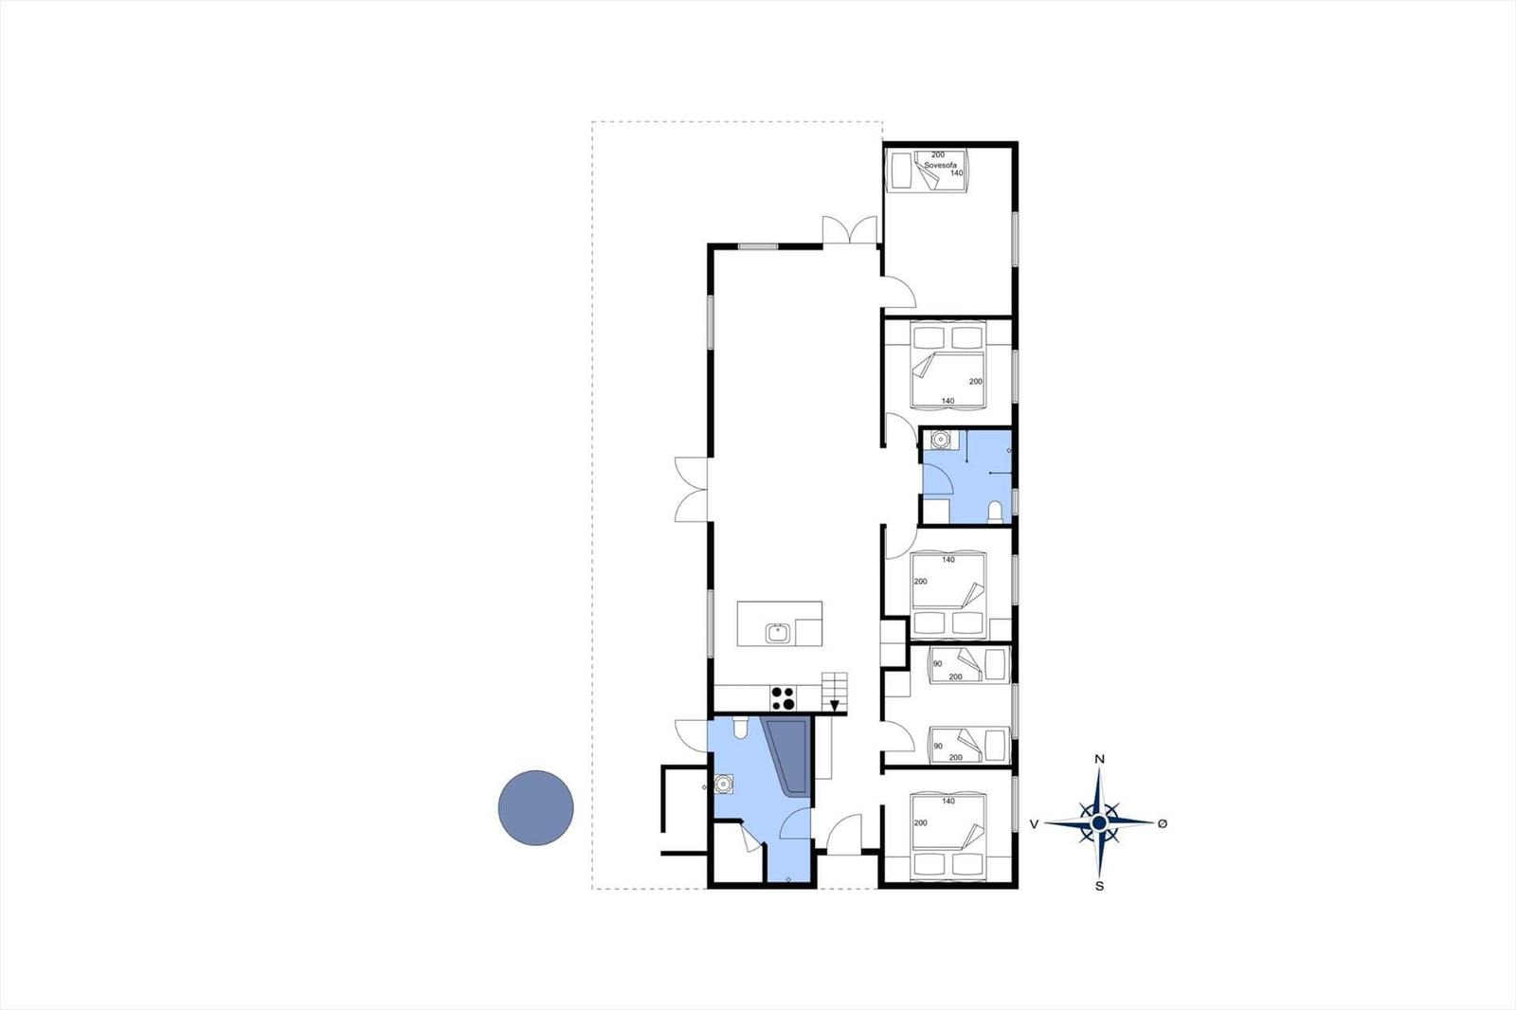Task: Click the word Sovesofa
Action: point(940,165)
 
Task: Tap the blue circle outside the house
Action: point(536,807)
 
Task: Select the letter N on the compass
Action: point(1100,760)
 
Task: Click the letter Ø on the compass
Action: point(1163,823)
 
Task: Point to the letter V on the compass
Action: point(1034,824)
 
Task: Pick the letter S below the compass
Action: point(1100,886)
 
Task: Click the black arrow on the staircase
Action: point(835,705)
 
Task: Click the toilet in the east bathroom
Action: point(995,512)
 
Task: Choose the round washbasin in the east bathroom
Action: point(940,440)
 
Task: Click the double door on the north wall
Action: point(850,229)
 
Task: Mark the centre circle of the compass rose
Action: point(1100,822)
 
